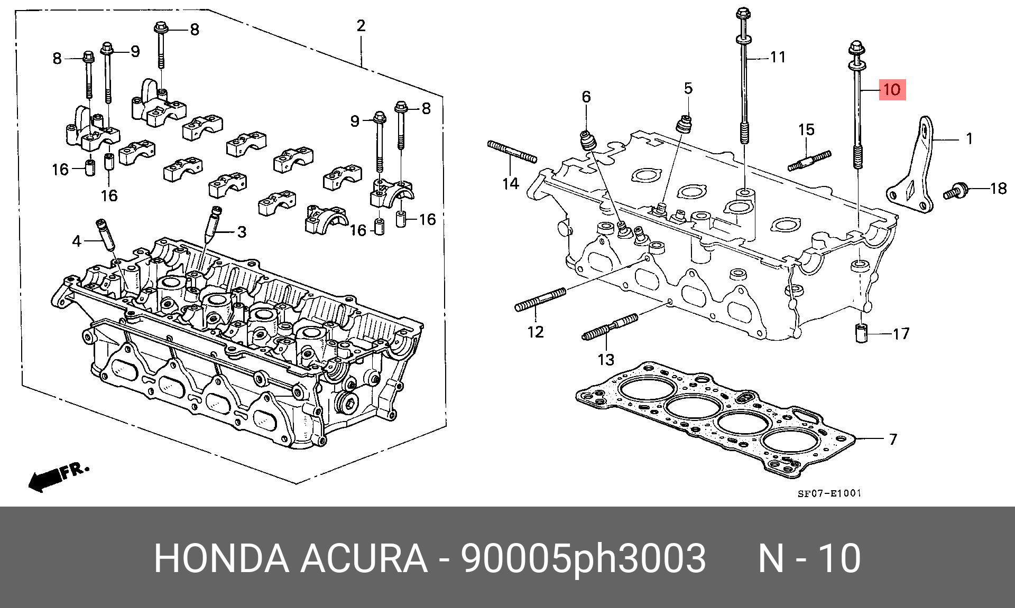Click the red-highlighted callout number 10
click(x=892, y=89)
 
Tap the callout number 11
click(x=778, y=57)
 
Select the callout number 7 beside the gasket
click(x=893, y=439)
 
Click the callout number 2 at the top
click(x=361, y=25)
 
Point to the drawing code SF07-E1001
click(x=829, y=493)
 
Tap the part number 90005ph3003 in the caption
click(x=583, y=558)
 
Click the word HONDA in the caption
click(x=222, y=558)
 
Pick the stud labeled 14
click(x=512, y=151)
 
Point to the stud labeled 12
click(x=540, y=299)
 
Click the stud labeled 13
click(x=610, y=327)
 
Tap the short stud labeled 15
click(x=809, y=161)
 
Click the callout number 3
click(x=242, y=232)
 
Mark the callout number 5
click(x=688, y=88)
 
